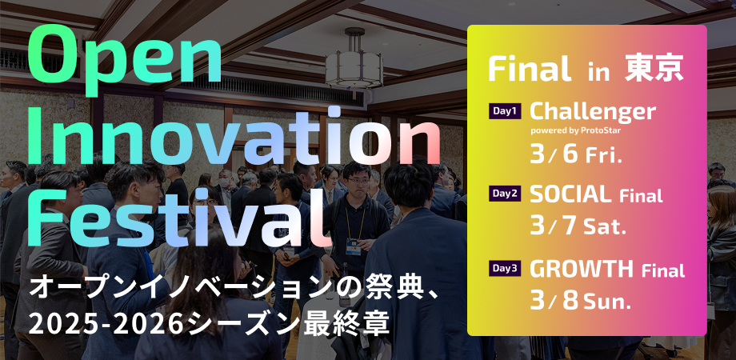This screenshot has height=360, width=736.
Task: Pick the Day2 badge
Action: (x=505, y=194)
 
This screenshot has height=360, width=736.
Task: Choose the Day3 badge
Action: (x=505, y=269)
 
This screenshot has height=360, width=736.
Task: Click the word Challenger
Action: (x=593, y=113)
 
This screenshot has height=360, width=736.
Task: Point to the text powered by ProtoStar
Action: (x=576, y=130)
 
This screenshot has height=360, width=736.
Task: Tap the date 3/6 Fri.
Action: (x=576, y=154)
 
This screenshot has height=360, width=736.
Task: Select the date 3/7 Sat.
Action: (x=578, y=227)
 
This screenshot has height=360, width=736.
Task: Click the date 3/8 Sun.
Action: (x=580, y=300)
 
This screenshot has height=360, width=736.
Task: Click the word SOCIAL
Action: (x=570, y=194)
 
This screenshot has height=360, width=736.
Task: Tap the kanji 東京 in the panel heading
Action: (x=654, y=70)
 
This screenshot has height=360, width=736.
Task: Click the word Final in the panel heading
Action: (x=530, y=69)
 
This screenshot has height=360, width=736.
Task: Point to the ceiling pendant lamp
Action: (x=354, y=61)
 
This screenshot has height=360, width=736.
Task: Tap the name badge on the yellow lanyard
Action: (x=353, y=246)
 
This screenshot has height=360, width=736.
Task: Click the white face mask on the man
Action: (x=224, y=182)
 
